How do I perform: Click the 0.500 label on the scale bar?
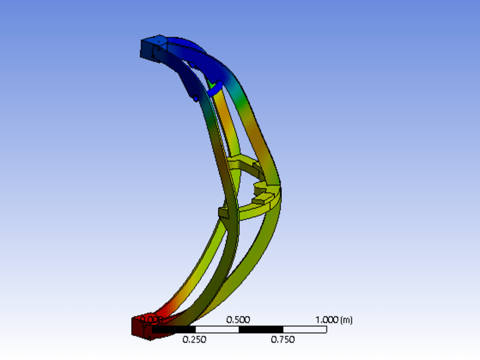(x=239, y=320)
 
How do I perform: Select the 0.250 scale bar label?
(x=194, y=340)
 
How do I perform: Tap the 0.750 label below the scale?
(x=283, y=340)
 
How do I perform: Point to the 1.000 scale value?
(x=326, y=320)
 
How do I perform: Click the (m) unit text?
(x=346, y=320)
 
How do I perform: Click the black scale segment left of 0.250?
(x=173, y=330)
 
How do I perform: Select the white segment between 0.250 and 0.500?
(x=217, y=330)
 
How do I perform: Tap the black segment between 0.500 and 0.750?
(x=261, y=330)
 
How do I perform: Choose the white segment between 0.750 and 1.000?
(x=305, y=330)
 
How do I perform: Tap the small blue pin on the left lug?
(x=196, y=98)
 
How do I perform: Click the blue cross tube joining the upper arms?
(x=214, y=87)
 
